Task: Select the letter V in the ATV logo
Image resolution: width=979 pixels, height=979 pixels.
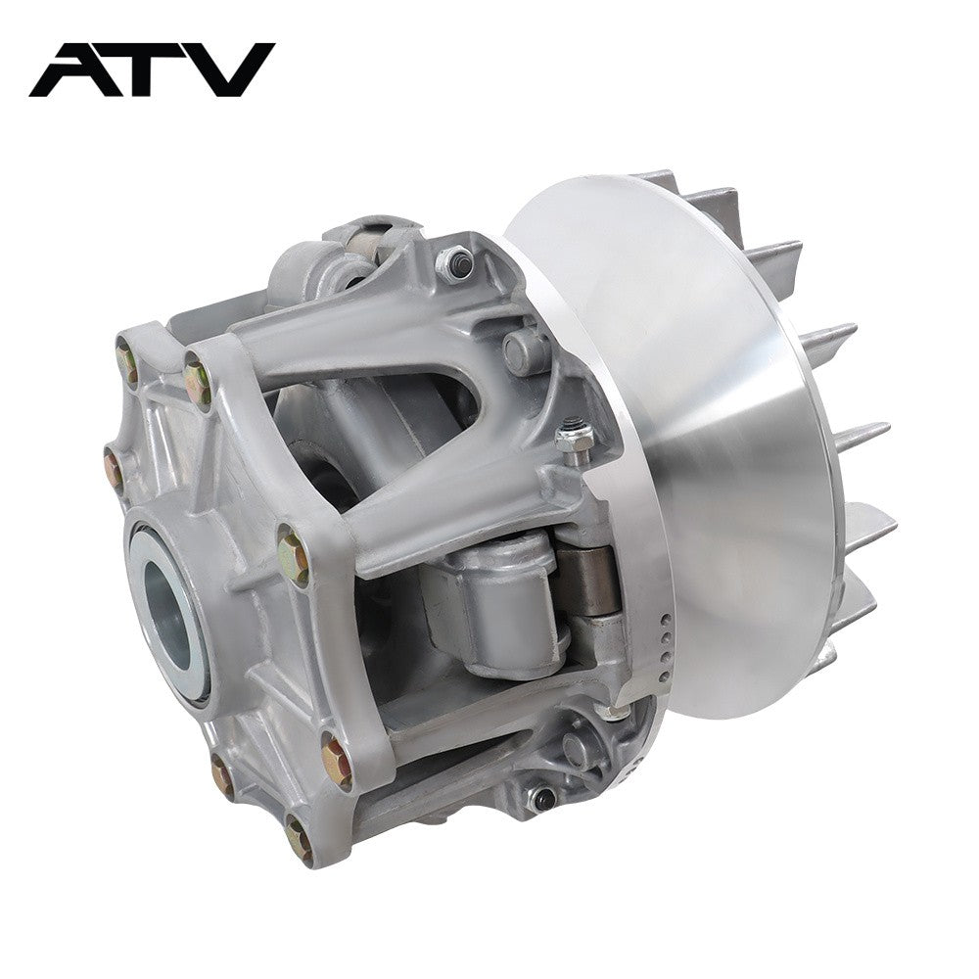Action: [232, 70]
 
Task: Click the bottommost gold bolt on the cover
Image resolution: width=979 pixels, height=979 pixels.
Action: [299, 840]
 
